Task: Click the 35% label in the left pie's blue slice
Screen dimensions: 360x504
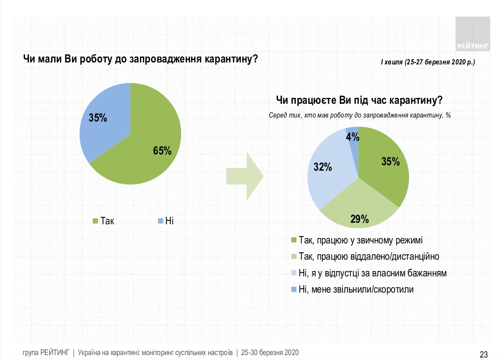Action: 98,118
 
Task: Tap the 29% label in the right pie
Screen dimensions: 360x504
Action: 360,219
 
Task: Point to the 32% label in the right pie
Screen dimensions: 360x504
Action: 323,167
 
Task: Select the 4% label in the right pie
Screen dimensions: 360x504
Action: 352,137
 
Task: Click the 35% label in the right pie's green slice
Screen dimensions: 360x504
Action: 390,161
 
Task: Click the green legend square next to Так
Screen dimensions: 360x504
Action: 95,221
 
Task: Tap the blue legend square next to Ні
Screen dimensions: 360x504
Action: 159,221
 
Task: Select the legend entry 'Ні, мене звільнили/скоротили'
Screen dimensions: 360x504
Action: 356,289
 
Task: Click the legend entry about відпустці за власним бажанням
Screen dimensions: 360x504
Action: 373,273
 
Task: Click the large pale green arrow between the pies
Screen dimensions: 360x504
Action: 245,176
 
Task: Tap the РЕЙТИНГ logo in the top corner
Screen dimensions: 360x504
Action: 472,34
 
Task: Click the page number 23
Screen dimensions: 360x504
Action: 483,354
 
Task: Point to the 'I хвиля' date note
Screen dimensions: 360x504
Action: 428,63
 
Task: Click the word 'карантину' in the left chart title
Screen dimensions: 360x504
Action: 226,59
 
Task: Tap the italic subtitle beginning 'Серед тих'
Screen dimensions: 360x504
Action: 360,115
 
